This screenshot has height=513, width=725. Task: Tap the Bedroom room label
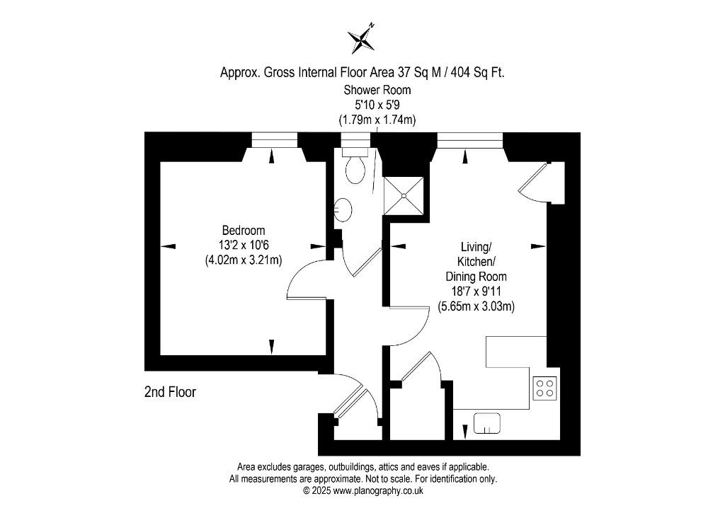244,230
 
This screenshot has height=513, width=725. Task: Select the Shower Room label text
377,90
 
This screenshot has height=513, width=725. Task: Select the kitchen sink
487,423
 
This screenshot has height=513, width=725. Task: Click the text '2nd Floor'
170,393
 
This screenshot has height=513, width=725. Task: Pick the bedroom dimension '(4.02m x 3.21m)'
244,260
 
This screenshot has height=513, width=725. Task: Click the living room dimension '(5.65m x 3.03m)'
476,306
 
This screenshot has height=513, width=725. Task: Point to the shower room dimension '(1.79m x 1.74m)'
377,120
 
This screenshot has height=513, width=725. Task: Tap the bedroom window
274,140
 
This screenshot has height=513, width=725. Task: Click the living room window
469,140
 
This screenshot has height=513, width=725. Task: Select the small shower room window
355,140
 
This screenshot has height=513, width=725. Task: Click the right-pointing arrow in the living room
538,246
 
